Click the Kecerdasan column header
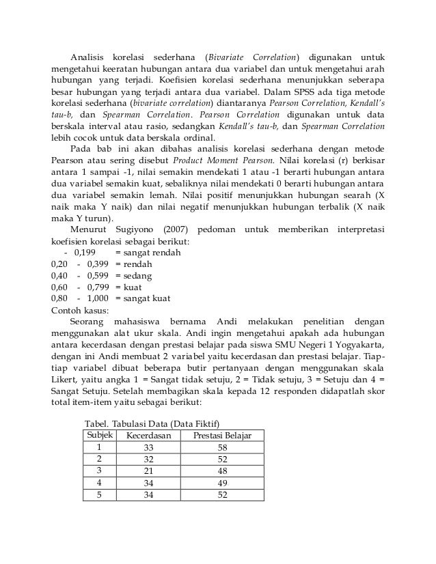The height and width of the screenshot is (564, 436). (x=149, y=435)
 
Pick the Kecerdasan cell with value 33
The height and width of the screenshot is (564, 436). (x=149, y=447)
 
